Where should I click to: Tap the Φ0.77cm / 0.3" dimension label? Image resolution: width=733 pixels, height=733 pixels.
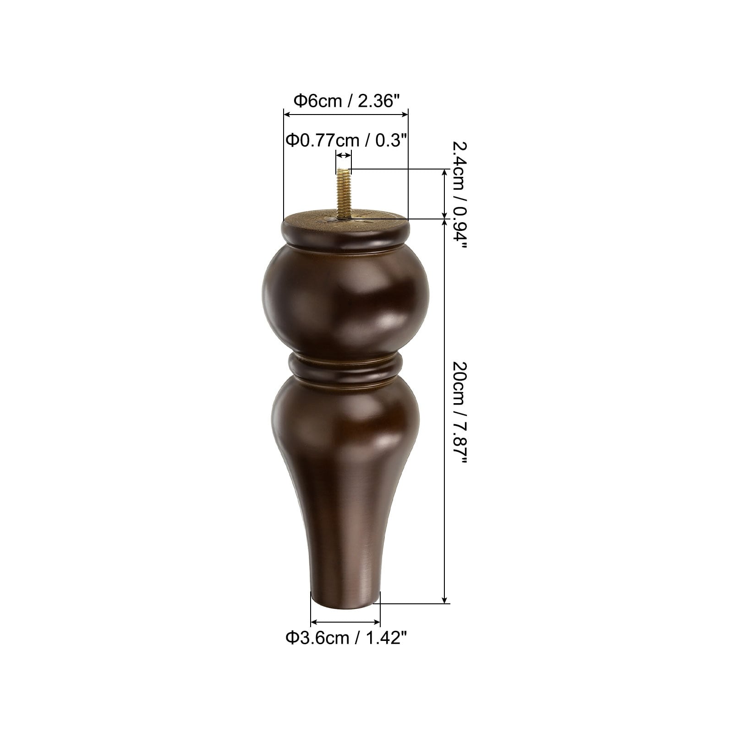[x=347, y=140]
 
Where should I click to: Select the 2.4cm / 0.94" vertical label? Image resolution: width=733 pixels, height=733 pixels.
[x=458, y=195]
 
